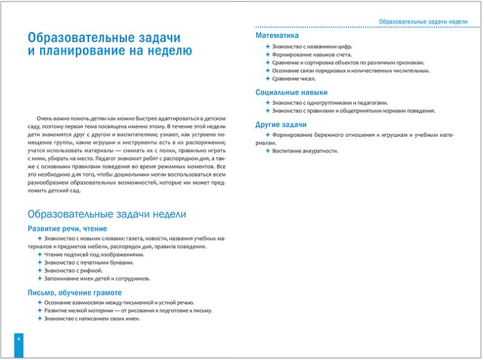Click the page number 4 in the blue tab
point(19,340)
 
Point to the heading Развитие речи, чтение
point(67,229)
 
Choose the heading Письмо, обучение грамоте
point(75,293)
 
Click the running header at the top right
point(423,21)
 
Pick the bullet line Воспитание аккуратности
point(305,151)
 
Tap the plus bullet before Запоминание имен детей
point(39,278)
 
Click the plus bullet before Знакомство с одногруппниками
point(267,102)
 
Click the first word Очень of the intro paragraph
point(45,118)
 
